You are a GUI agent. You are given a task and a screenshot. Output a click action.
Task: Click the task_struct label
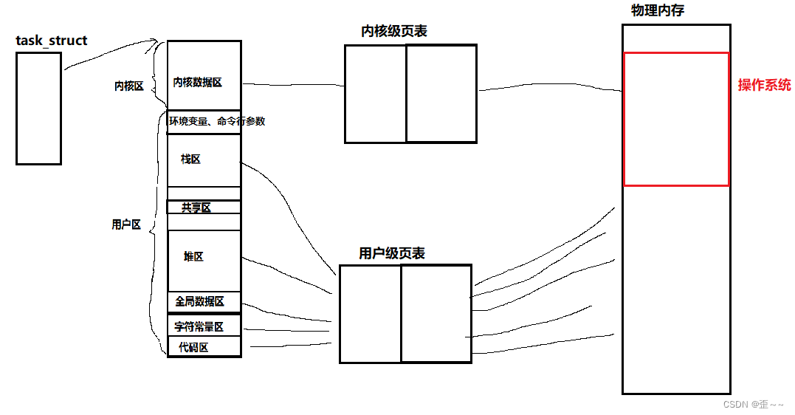[51, 41]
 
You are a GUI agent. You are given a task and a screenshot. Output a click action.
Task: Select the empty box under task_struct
[38, 108]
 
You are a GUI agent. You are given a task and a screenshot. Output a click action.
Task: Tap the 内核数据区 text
[197, 83]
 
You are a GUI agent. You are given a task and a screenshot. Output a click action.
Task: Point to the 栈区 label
[190, 159]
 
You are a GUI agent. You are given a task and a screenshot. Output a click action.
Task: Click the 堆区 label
[193, 256]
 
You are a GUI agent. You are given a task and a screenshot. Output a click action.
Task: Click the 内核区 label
[128, 86]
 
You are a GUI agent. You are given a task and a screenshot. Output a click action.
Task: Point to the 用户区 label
[125, 224]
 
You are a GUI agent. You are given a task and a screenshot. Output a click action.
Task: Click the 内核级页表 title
[393, 31]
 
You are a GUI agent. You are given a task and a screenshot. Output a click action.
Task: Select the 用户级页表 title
[391, 253]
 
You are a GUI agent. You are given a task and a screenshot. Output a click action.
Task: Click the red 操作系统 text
[764, 85]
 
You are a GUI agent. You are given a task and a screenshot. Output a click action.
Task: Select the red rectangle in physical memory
[675, 119]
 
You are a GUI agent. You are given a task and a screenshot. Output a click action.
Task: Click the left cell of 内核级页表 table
[376, 93]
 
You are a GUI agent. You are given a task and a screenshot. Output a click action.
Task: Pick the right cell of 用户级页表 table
[436, 314]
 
